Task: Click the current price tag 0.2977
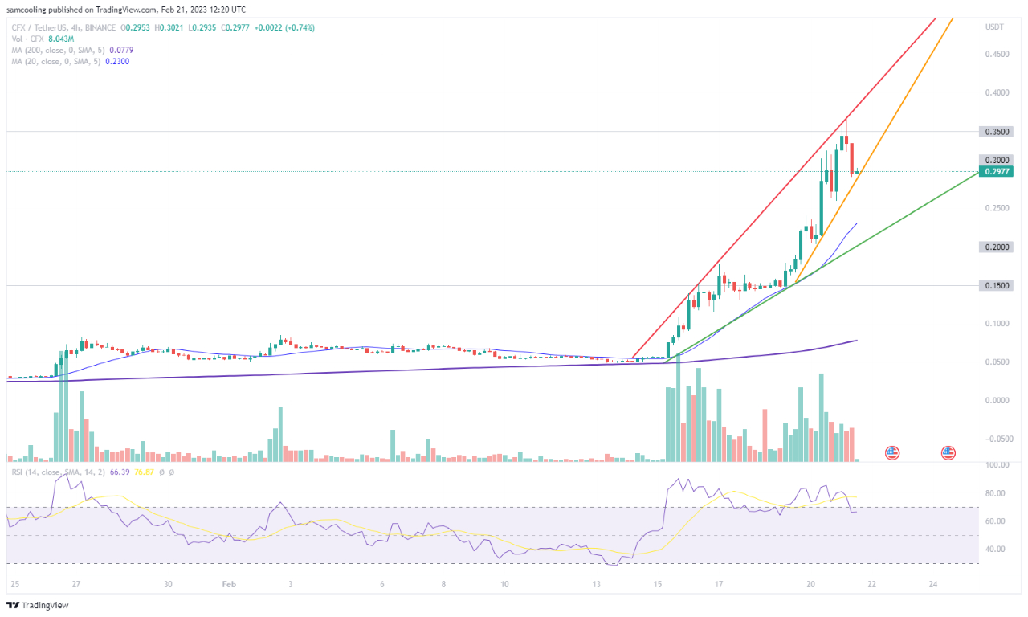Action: click(995, 171)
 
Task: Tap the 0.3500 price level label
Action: click(995, 131)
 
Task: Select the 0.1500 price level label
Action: click(995, 285)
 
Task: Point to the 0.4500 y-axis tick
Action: click(997, 55)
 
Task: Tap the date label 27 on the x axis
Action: click(75, 585)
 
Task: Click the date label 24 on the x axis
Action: click(933, 585)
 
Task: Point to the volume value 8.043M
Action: click(63, 38)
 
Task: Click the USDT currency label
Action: click(995, 27)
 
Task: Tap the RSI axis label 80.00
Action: click(995, 493)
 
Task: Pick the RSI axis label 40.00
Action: click(995, 550)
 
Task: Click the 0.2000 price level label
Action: click(995, 247)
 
